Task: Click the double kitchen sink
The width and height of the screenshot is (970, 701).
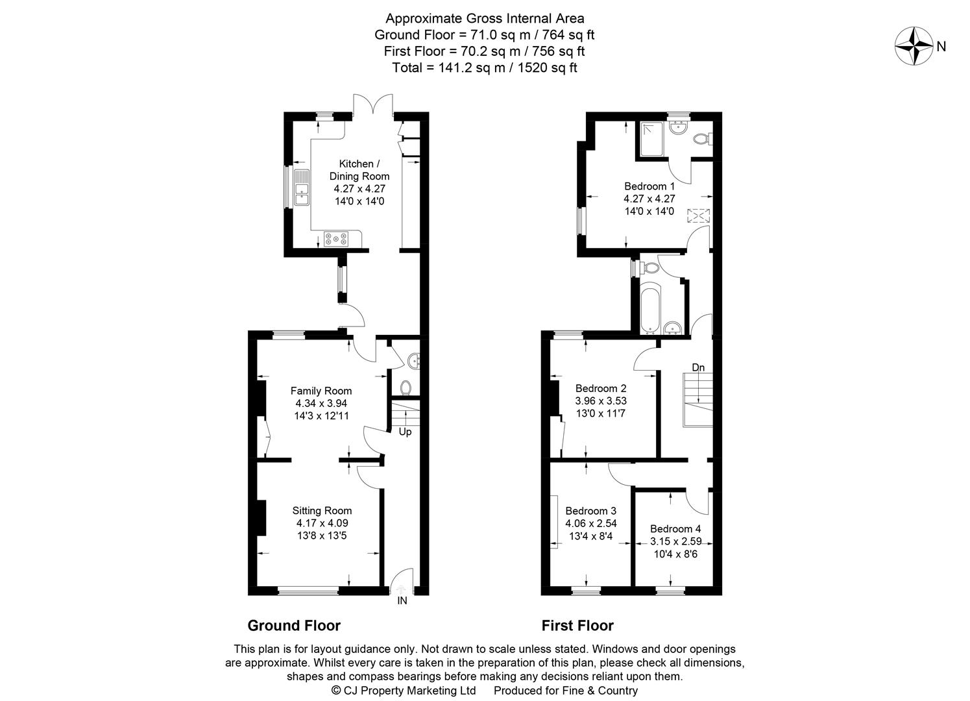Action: pyautogui.click(x=301, y=188)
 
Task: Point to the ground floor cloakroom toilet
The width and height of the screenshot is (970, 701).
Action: pyautogui.click(x=406, y=387)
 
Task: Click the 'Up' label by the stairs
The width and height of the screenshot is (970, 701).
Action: pyautogui.click(x=404, y=432)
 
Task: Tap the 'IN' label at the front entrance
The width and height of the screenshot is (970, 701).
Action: pyautogui.click(x=402, y=601)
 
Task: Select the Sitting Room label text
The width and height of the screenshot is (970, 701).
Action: pyautogui.click(x=322, y=511)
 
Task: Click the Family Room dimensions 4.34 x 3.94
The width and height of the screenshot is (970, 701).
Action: pyautogui.click(x=321, y=403)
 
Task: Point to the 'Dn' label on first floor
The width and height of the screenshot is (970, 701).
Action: pyautogui.click(x=697, y=367)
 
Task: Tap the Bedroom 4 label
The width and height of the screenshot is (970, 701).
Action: pyautogui.click(x=675, y=528)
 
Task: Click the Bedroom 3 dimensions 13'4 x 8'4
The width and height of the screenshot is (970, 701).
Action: pyautogui.click(x=590, y=536)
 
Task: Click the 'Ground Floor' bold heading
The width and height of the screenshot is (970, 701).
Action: pyautogui.click(x=294, y=626)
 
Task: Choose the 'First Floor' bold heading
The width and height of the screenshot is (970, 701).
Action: pyautogui.click(x=577, y=626)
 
